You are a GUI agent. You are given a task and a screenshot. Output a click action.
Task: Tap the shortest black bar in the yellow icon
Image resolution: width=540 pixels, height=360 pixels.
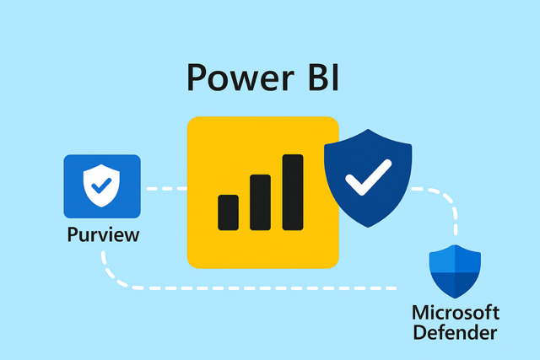click(228, 212)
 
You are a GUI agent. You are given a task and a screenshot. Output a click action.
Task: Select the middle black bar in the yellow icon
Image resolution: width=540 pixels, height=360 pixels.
click(260, 201)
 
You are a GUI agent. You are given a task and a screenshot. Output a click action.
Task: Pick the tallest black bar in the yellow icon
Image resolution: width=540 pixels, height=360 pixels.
click(293, 191)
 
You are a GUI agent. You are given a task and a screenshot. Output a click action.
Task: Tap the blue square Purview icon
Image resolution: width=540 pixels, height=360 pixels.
click(102, 185)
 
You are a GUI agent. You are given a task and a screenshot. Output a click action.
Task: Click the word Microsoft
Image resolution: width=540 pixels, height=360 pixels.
click(456, 313)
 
